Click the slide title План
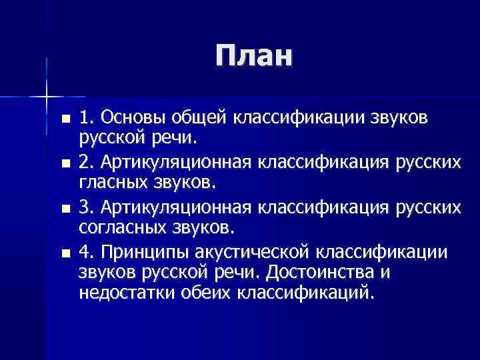254,57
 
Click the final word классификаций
306,293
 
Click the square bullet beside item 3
64,209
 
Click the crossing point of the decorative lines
46,97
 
